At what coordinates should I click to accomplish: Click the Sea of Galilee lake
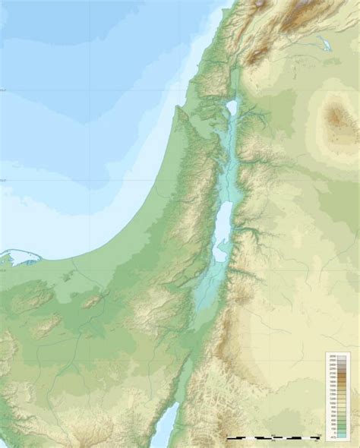[231, 109]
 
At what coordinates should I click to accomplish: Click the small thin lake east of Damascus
[327, 45]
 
